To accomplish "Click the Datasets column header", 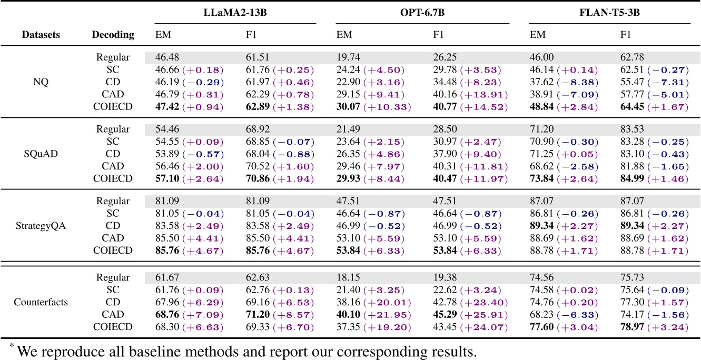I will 41,35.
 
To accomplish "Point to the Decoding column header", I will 113,35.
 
